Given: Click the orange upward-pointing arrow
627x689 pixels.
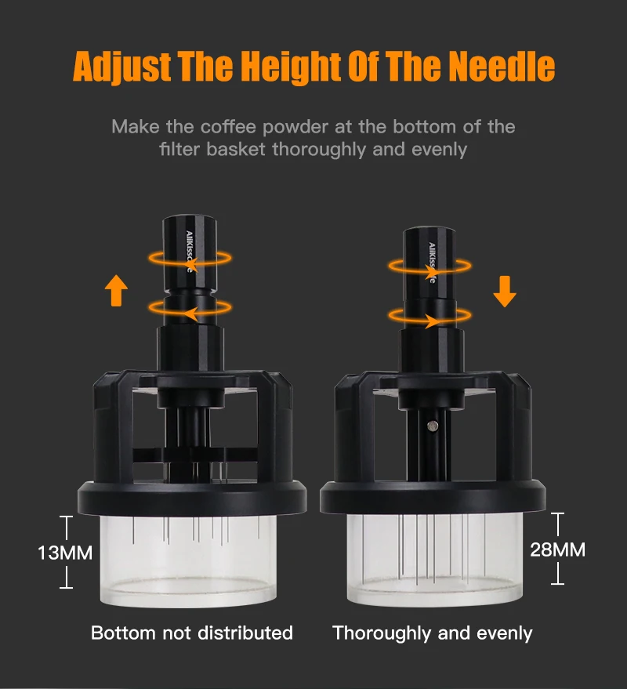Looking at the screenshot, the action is point(117,291).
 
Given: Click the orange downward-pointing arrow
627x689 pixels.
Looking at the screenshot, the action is point(505,292).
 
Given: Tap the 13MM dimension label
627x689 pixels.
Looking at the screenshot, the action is point(65,553).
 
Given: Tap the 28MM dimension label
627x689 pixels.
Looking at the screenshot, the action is point(557,549).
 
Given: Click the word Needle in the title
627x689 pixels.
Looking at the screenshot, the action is point(502,67).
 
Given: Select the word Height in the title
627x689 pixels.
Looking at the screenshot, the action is point(292,67).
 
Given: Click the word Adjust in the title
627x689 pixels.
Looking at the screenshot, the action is point(121,67).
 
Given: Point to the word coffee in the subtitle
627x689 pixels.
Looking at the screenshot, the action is point(228,127).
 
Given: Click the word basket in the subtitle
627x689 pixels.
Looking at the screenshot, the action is point(235,150).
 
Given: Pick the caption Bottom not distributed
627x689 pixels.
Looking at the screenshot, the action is point(192,633).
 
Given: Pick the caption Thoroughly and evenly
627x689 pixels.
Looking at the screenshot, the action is point(433,633).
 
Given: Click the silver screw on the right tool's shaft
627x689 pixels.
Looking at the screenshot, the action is point(433,426).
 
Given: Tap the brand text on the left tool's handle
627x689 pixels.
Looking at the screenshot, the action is point(190,252).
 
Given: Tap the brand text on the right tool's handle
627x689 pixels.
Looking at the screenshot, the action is point(432,263).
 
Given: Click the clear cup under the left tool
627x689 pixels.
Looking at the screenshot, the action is point(189,560).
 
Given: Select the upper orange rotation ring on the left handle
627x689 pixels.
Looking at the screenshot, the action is point(190,259).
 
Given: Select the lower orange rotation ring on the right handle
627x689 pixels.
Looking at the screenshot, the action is point(429,316).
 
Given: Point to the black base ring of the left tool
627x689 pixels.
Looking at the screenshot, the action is point(192,499).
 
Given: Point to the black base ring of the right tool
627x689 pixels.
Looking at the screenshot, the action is point(433,498).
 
